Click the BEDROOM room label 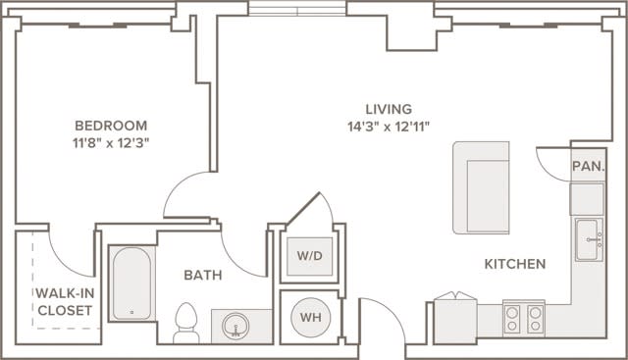[x=111, y=126]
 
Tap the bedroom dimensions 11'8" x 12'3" [x=111, y=142]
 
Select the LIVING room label [x=389, y=109]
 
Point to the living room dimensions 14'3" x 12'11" [x=389, y=126]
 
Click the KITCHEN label [x=514, y=264]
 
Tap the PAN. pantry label [x=588, y=167]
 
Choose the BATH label [x=202, y=275]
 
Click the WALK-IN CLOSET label [x=64, y=301]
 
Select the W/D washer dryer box [x=309, y=256]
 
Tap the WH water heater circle [x=309, y=317]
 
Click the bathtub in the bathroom [x=131, y=283]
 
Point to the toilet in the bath [x=185, y=322]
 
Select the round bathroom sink [x=234, y=325]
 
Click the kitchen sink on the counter [x=589, y=238]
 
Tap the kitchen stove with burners [x=523, y=318]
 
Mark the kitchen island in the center [x=481, y=187]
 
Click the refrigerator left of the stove [x=454, y=319]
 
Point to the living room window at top [x=296, y=8]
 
